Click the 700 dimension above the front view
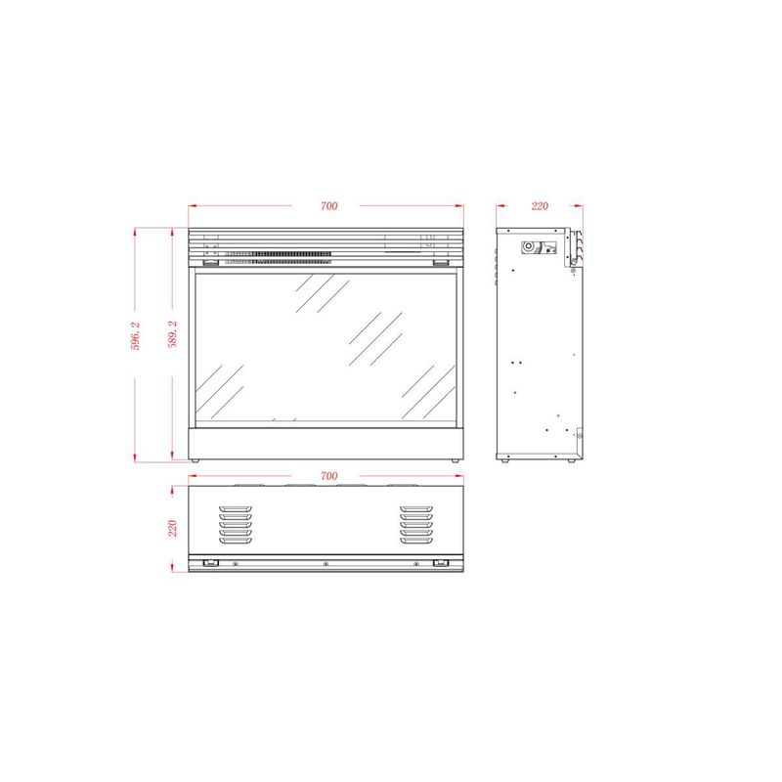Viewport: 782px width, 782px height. [x=328, y=206]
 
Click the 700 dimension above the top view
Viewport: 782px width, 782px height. [x=328, y=476]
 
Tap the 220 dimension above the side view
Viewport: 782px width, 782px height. [x=540, y=206]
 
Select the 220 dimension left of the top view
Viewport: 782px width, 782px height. [x=172, y=528]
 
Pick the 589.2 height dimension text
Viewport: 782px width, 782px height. [x=172, y=335]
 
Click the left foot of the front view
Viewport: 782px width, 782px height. [x=195, y=459]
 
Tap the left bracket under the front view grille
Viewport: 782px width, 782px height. [x=210, y=262]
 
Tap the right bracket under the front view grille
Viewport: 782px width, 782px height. [x=441, y=262]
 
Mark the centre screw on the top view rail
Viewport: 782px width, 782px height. [x=326, y=563]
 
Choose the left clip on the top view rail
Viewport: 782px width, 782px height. [x=208, y=563]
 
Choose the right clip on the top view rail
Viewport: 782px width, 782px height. [x=441, y=563]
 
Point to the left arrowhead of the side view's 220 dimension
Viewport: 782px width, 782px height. [x=500, y=206]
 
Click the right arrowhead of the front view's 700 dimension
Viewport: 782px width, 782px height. [x=461, y=206]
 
